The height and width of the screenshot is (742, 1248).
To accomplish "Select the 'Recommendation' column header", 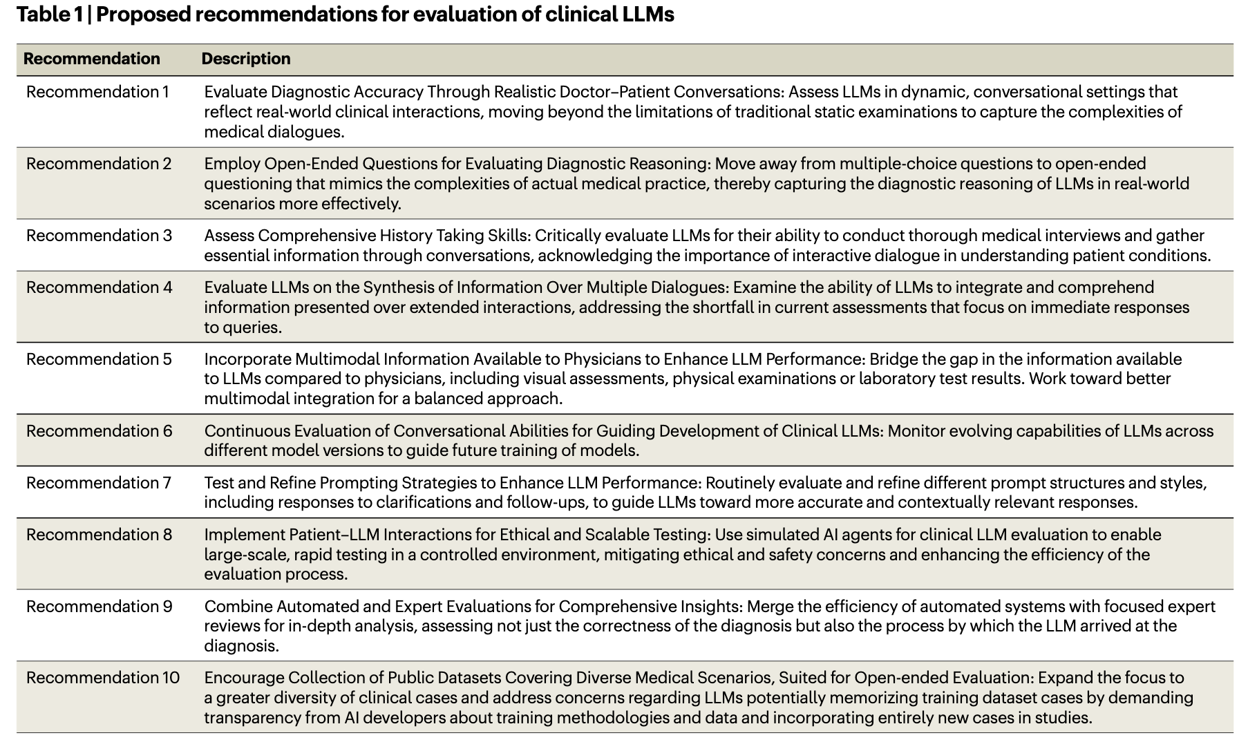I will (x=92, y=59).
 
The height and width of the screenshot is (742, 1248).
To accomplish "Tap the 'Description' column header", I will (x=246, y=59).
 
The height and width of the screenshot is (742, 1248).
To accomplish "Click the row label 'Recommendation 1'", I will (x=97, y=92).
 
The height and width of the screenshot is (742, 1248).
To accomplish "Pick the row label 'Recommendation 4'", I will (x=99, y=287).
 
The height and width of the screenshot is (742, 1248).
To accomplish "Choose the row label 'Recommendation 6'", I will (x=99, y=431).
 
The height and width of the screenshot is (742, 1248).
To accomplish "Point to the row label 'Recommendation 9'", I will (x=99, y=607).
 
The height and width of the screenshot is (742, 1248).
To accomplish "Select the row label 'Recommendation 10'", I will (x=103, y=678).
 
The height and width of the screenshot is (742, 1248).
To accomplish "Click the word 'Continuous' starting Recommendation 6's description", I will (x=247, y=431).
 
